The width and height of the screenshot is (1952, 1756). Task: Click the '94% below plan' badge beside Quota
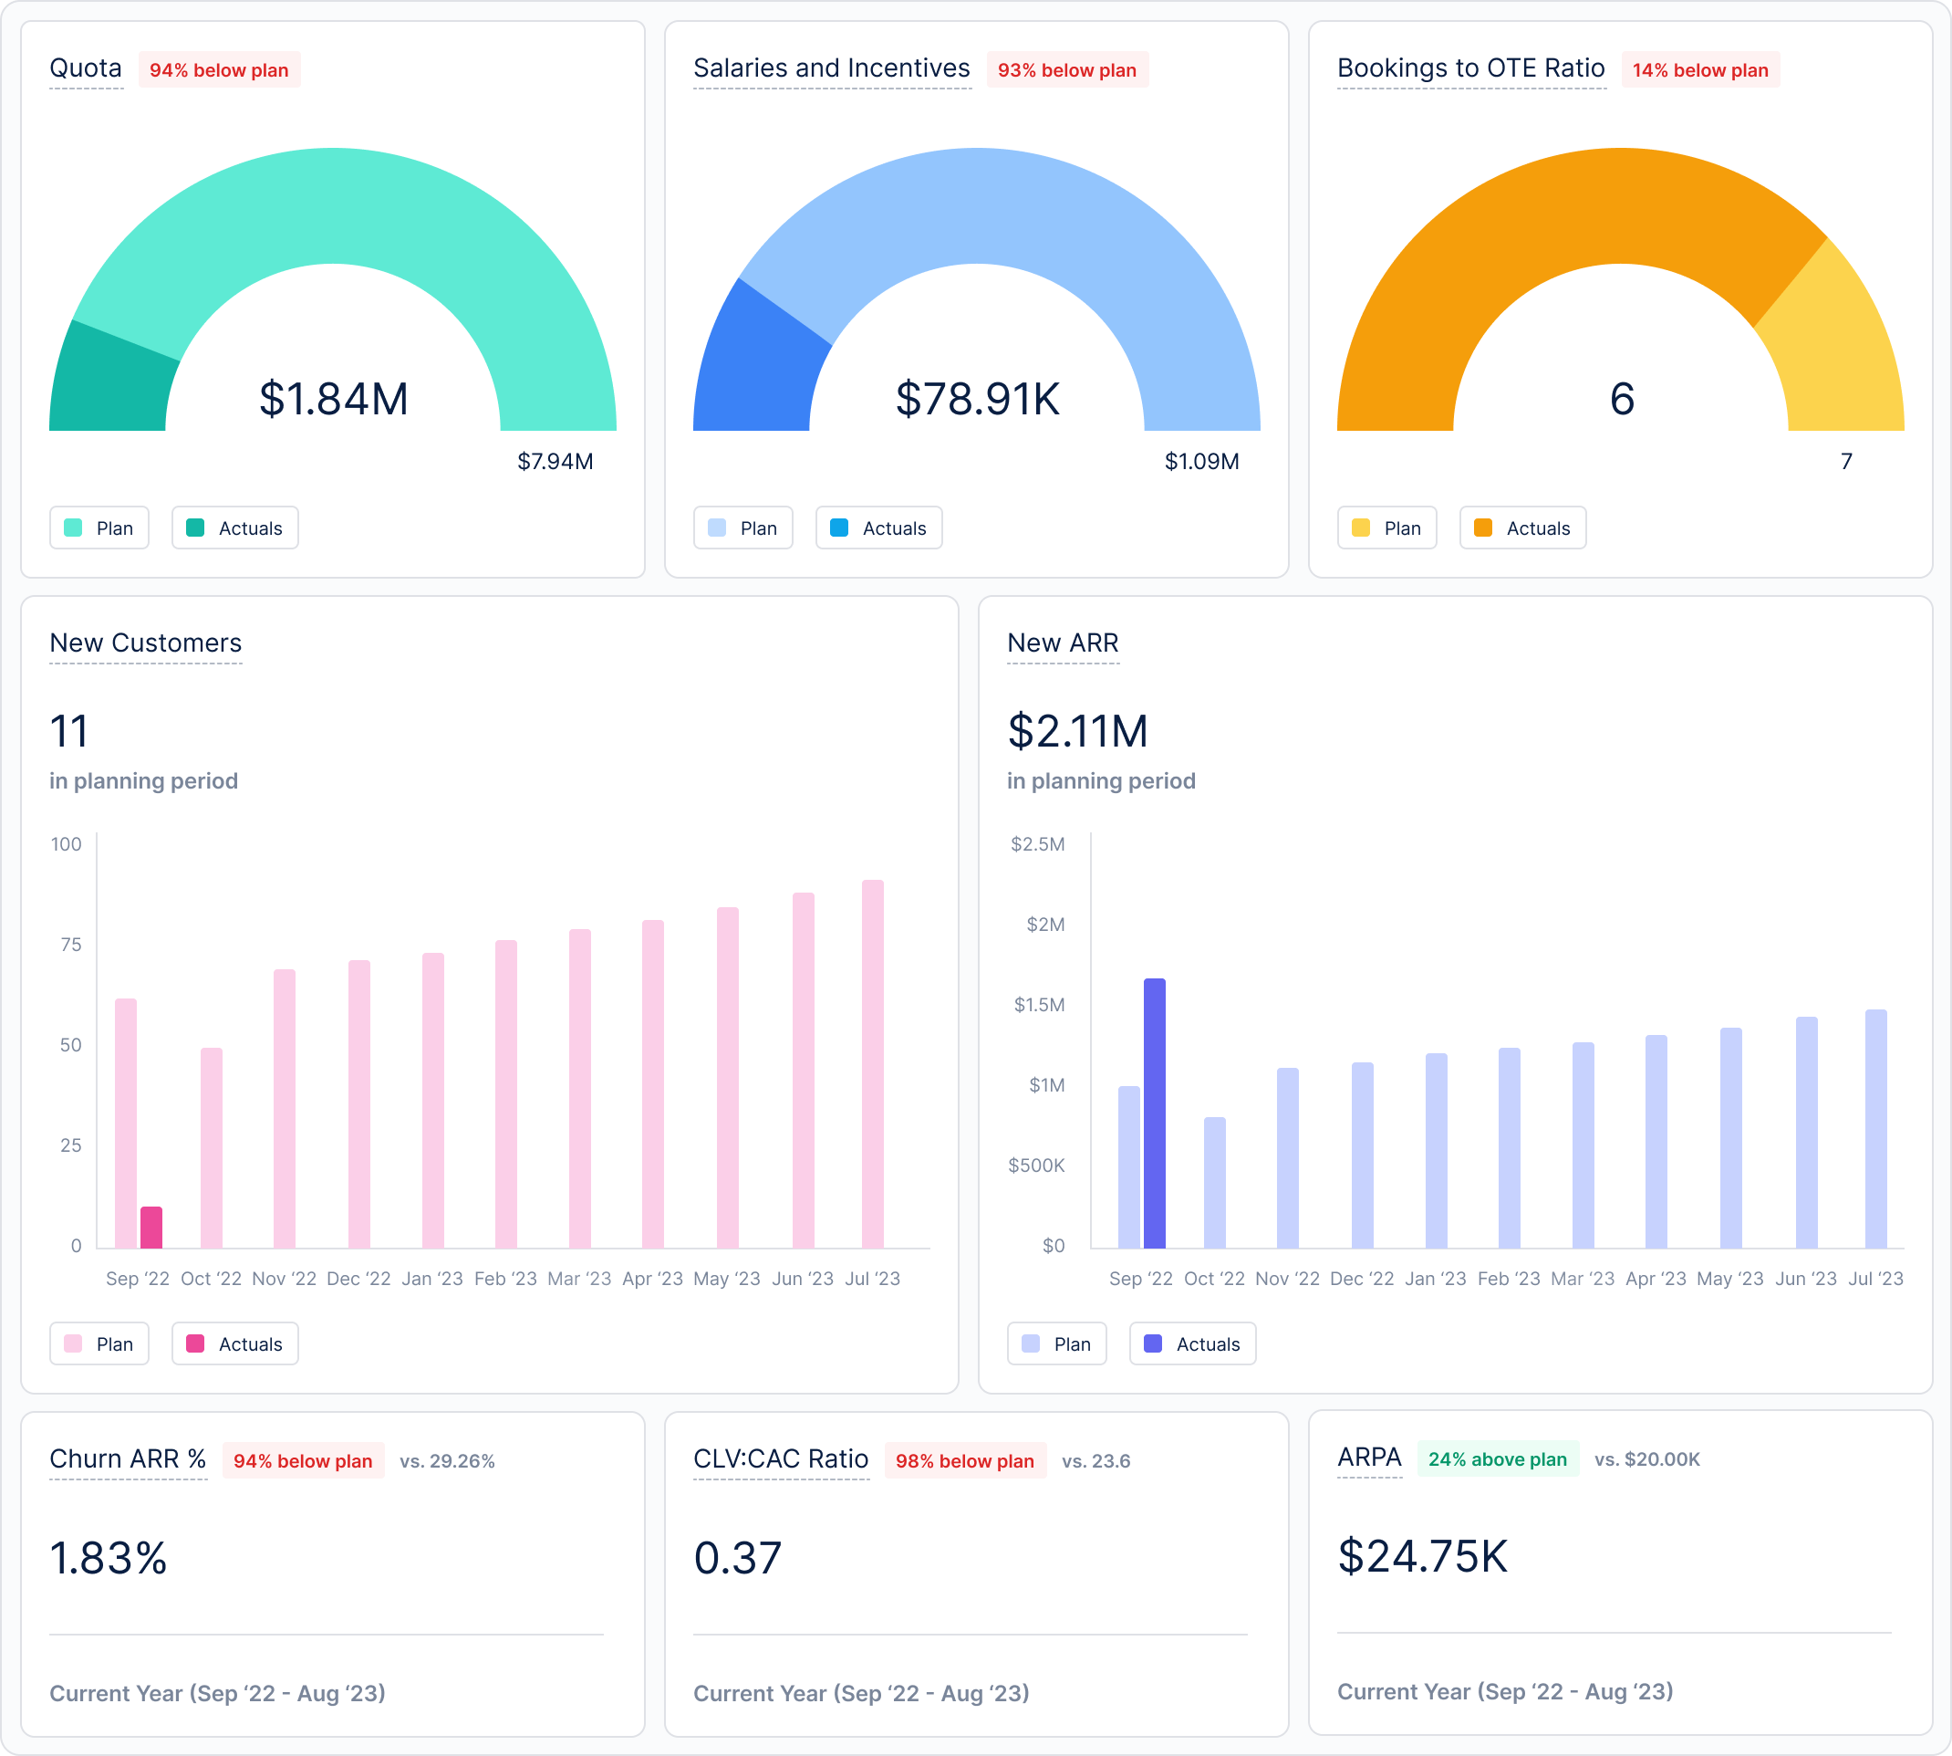pos(219,70)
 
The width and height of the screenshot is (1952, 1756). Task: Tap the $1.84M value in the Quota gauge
pos(334,399)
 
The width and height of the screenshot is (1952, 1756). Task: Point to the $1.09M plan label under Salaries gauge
pos(1201,461)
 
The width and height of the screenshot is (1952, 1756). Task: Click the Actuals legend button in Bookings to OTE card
pos(1521,528)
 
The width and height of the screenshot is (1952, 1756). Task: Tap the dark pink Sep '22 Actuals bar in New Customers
pos(151,1228)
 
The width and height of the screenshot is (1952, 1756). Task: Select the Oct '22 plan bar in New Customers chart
pos(212,1148)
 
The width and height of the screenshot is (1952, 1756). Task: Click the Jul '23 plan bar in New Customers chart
pos(873,1061)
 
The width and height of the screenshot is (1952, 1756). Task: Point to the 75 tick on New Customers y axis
pos(70,945)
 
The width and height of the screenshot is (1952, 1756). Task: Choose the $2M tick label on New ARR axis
pos(1045,925)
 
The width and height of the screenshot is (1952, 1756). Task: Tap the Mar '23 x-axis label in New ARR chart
pos(1582,1279)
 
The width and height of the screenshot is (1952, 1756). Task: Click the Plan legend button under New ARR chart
pos(1056,1344)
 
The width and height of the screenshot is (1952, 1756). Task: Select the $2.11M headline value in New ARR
pos(1077,730)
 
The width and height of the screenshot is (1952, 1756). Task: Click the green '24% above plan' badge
pos(1497,1458)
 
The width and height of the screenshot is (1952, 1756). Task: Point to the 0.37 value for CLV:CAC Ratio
pos(738,1558)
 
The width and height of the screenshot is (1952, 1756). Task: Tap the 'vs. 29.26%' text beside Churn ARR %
pos(447,1461)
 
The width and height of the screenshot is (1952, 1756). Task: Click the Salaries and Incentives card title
pos(831,68)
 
